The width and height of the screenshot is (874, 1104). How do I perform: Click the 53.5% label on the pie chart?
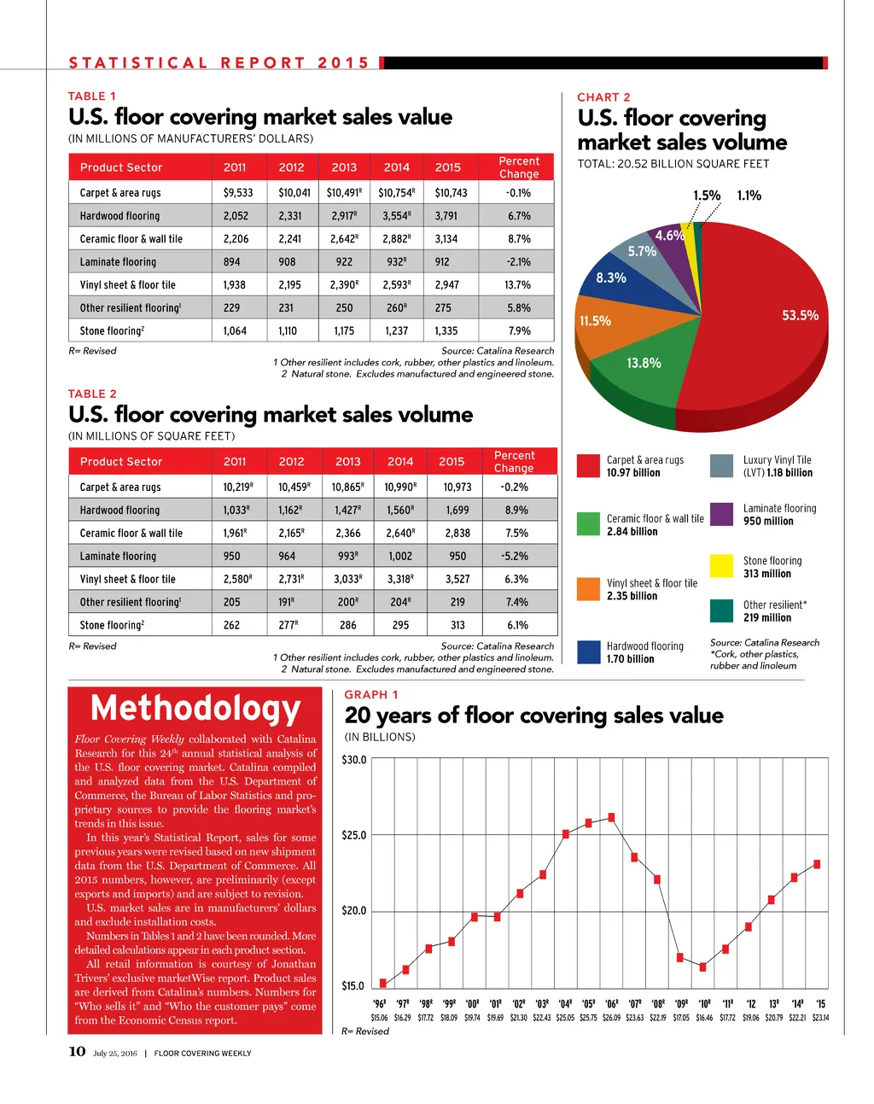pyautogui.click(x=800, y=316)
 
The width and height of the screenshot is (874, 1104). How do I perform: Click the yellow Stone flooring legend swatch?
pyautogui.click(x=722, y=566)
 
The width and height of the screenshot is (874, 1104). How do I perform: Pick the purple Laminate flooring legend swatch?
pyautogui.click(x=722, y=514)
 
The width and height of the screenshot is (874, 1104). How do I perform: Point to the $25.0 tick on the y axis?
pyautogui.click(x=354, y=835)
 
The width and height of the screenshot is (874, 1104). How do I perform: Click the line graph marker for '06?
pyautogui.click(x=611, y=817)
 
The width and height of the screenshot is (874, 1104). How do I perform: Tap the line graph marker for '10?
pyautogui.click(x=702, y=967)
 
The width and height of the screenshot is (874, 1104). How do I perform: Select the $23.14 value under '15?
pyautogui.click(x=820, y=1018)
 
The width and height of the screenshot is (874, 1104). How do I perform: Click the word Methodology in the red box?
pyautogui.click(x=195, y=709)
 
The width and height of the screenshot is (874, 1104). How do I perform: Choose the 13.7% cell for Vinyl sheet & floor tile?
pyautogui.click(x=517, y=285)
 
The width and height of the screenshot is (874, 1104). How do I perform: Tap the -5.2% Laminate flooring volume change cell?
pyautogui.click(x=515, y=556)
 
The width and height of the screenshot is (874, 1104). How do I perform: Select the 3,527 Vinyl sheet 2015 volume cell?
pyautogui.click(x=457, y=579)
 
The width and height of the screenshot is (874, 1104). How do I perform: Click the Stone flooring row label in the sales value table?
pyautogui.click(x=112, y=331)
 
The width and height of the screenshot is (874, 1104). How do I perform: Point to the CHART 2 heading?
pyautogui.click(x=603, y=97)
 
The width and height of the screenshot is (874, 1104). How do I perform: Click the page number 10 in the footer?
pyautogui.click(x=77, y=1051)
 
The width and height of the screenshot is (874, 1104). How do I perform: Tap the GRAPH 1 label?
pyautogui.click(x=370, y=695)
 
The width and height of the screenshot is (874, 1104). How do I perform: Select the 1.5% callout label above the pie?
pyautogui.click(x=707, y=196)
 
